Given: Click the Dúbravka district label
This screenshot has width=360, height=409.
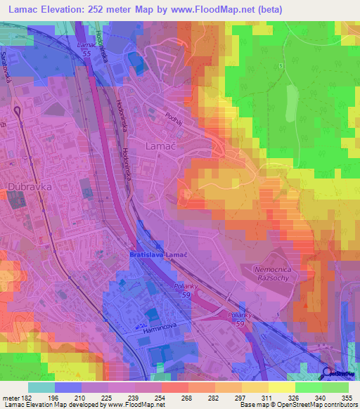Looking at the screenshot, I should pyautogui.click(x=26, y=188).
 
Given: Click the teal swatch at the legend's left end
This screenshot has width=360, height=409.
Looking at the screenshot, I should pyautogui.click(x=41, y=387).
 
